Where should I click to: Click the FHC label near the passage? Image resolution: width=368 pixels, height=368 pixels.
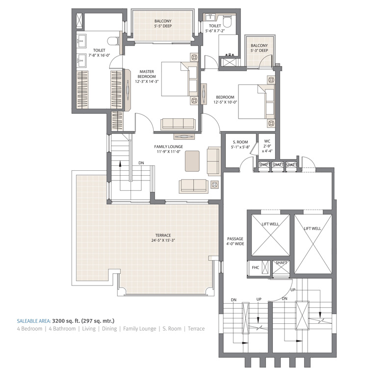coord(255,268)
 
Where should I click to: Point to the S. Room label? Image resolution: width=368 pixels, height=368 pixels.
coord(240,142)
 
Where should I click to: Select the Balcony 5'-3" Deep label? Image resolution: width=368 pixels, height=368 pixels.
coord(259,48)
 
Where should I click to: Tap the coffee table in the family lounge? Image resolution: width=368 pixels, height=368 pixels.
coord(193,160)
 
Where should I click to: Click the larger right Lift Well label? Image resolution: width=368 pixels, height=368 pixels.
coord(312,228)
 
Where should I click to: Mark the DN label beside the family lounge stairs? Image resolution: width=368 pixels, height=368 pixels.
coord(141,163)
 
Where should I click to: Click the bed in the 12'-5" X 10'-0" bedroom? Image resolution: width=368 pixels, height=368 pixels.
coord(253,102)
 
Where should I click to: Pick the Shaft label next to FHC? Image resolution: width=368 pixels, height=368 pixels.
coord(281,263)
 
